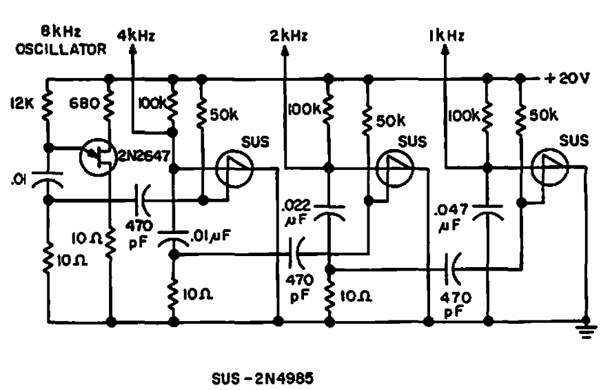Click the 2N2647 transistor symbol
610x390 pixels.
coord(97,157)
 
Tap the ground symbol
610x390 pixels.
coord(586,331)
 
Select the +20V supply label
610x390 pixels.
coord(567,78)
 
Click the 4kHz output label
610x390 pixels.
coord(136,36)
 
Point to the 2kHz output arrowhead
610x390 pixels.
coord(285,50)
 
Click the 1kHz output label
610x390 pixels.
coord(447,36)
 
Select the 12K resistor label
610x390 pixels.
coord(22,104)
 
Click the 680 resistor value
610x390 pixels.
coord(85,104)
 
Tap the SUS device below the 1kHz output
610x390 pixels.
coord(549,167)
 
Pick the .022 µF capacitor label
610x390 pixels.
coord(297,213)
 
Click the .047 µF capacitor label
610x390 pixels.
coord(451,217)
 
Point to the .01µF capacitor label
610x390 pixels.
coord(211,235)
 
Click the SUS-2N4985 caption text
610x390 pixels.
coord(263,379)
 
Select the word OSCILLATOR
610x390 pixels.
coord(61,50)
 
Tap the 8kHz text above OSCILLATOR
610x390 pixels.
coord(61,32)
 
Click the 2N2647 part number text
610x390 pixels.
coord(143,156)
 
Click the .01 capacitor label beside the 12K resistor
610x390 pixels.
coord(19,180)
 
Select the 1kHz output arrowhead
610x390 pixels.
coord(445,50)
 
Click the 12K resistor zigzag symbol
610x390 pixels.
coord(48,104)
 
